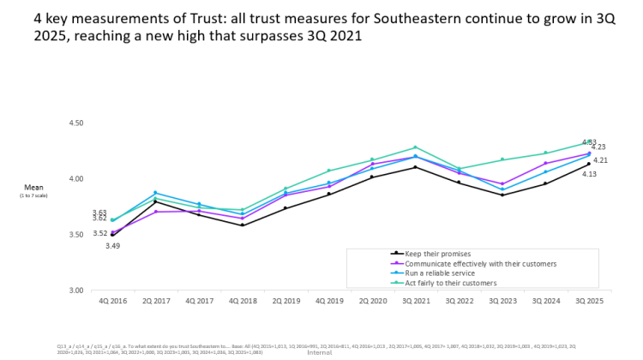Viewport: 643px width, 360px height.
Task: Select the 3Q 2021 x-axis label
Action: pyautogui.click(x=415, y=302)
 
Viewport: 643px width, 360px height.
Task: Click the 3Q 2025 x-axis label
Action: pyautogui.click(x=588, y=302)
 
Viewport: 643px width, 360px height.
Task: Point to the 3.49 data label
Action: pyautogui.click(x=112, y=246)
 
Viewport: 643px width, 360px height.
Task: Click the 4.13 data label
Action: pyautogui.click(x=589, y=174)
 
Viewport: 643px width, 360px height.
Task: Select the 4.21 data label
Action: pyautogui.click(x=600, y=160)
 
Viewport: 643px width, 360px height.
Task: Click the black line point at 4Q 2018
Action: pyautogui.click(x=242, y=225)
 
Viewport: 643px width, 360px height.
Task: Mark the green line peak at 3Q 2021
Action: pyautogui.click(x=415, y=147)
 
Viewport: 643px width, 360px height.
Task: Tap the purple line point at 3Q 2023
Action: pyautogui.click(x=502, y=183)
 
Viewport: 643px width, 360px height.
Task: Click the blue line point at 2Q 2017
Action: pyautogui.click(x=155, y=193)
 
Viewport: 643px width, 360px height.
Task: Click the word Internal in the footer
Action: pyautogui.click(x=319, y=352)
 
